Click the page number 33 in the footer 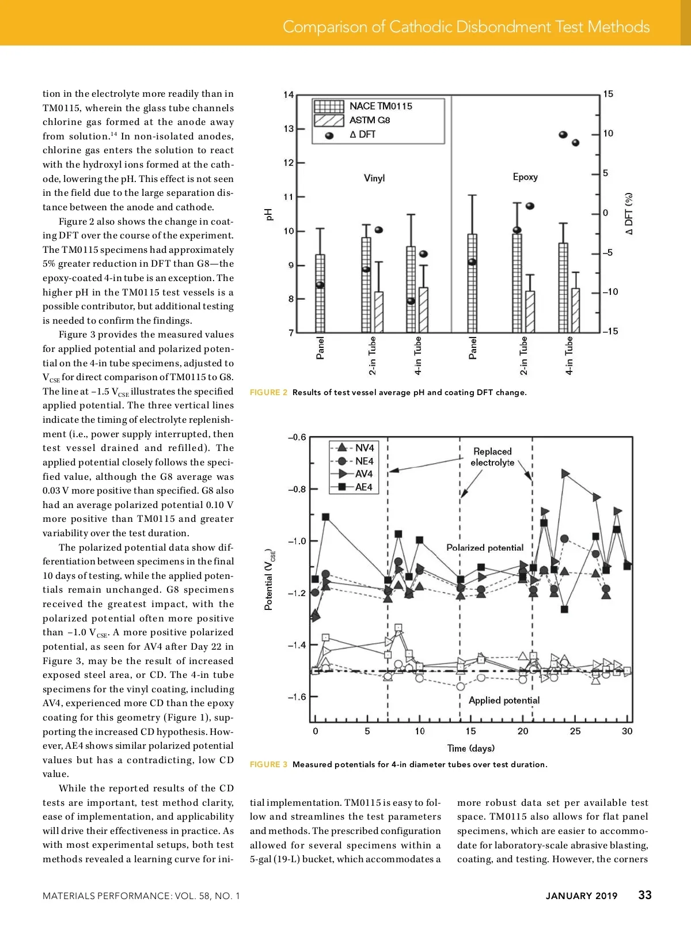(645, 895)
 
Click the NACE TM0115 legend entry (381, 106)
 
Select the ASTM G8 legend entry (370, 120)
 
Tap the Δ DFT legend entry (362, 134)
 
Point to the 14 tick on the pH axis (288, 95)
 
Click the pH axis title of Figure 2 (268, 214)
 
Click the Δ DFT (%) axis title (629, 213)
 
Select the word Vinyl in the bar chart (374, 179)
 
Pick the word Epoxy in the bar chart (525, 177)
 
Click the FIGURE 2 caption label (268, 392)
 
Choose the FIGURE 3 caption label (268, 764)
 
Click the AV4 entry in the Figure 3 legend (363, 474)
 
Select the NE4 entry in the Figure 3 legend (364, 461)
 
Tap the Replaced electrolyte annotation (492, 457)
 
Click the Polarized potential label (485, 548)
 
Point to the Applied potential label (504, 700)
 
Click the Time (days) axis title (470, 748)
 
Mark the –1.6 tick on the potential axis (297, 697)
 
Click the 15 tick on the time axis (471, 731)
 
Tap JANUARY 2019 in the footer (582, 896)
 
